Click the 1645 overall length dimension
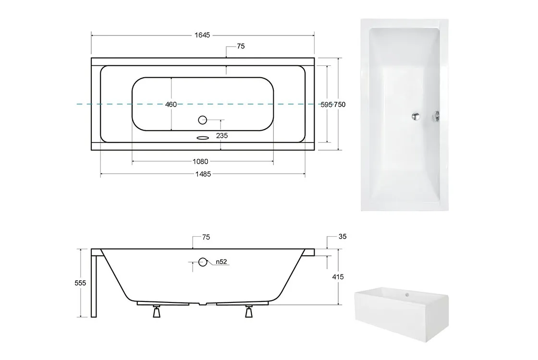(202, 35)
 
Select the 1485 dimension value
(203, 174)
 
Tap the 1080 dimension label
(200, 161)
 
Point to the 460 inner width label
(171, 104)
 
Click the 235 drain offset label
(222, 136)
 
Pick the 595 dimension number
(327, 105)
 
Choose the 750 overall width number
(340, 105)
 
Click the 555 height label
(80, 283)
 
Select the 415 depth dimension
(338, 276)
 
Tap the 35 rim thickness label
(342, 237)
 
